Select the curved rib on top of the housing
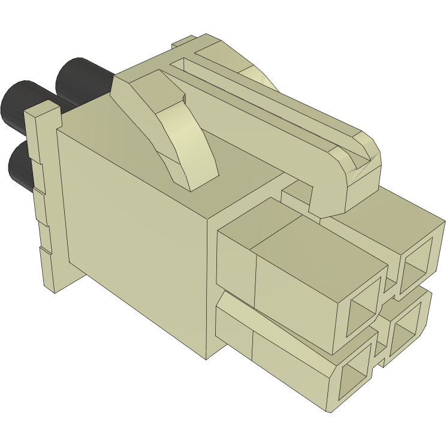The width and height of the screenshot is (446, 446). coord(180,138)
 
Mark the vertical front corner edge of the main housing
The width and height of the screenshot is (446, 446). coord(208,288)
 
